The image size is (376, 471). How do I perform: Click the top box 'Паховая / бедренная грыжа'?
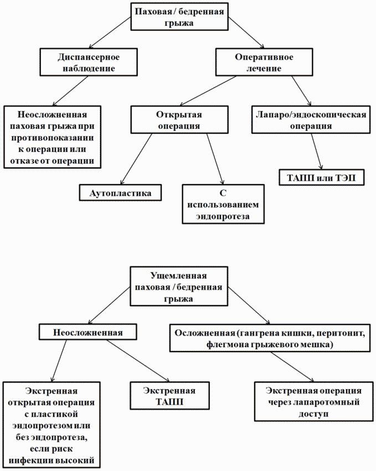[179, 17]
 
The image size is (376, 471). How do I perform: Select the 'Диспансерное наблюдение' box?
[89, 62]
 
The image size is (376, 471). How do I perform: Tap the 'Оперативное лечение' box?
[264, 62]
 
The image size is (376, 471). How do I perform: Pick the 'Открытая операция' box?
[179, 119]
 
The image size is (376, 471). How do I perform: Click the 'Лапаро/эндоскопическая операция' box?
[311, 119]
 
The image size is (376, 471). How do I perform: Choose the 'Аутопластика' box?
[120, 192]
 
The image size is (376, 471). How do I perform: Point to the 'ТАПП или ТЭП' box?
[322, 177]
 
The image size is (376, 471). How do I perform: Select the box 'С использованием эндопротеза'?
[223, 204]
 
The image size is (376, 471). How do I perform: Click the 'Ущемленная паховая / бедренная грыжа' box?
[179, 286]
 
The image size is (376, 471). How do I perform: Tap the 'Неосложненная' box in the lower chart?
[88, 332]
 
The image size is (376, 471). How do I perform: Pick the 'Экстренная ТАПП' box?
[169, 396]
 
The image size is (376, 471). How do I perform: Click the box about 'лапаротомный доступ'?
[313, 401]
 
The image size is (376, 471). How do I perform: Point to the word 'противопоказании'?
[53, 138]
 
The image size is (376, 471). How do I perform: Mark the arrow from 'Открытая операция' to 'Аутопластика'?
[137, 159]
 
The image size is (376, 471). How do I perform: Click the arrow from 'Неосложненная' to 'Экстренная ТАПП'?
[138, 361]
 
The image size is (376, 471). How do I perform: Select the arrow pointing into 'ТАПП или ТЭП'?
[317, 151]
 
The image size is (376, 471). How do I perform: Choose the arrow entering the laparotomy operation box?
[292, 367]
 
